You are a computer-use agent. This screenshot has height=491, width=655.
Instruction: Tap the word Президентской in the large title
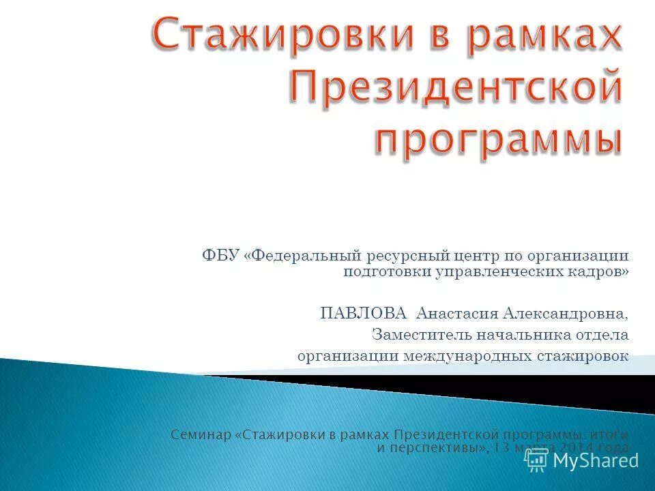456,91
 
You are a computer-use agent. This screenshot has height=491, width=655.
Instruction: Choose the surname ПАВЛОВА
364,313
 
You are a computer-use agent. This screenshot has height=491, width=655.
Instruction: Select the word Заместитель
417,335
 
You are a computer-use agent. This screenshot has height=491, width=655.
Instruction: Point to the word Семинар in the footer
201,435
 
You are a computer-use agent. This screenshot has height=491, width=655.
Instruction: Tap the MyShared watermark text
596,460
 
